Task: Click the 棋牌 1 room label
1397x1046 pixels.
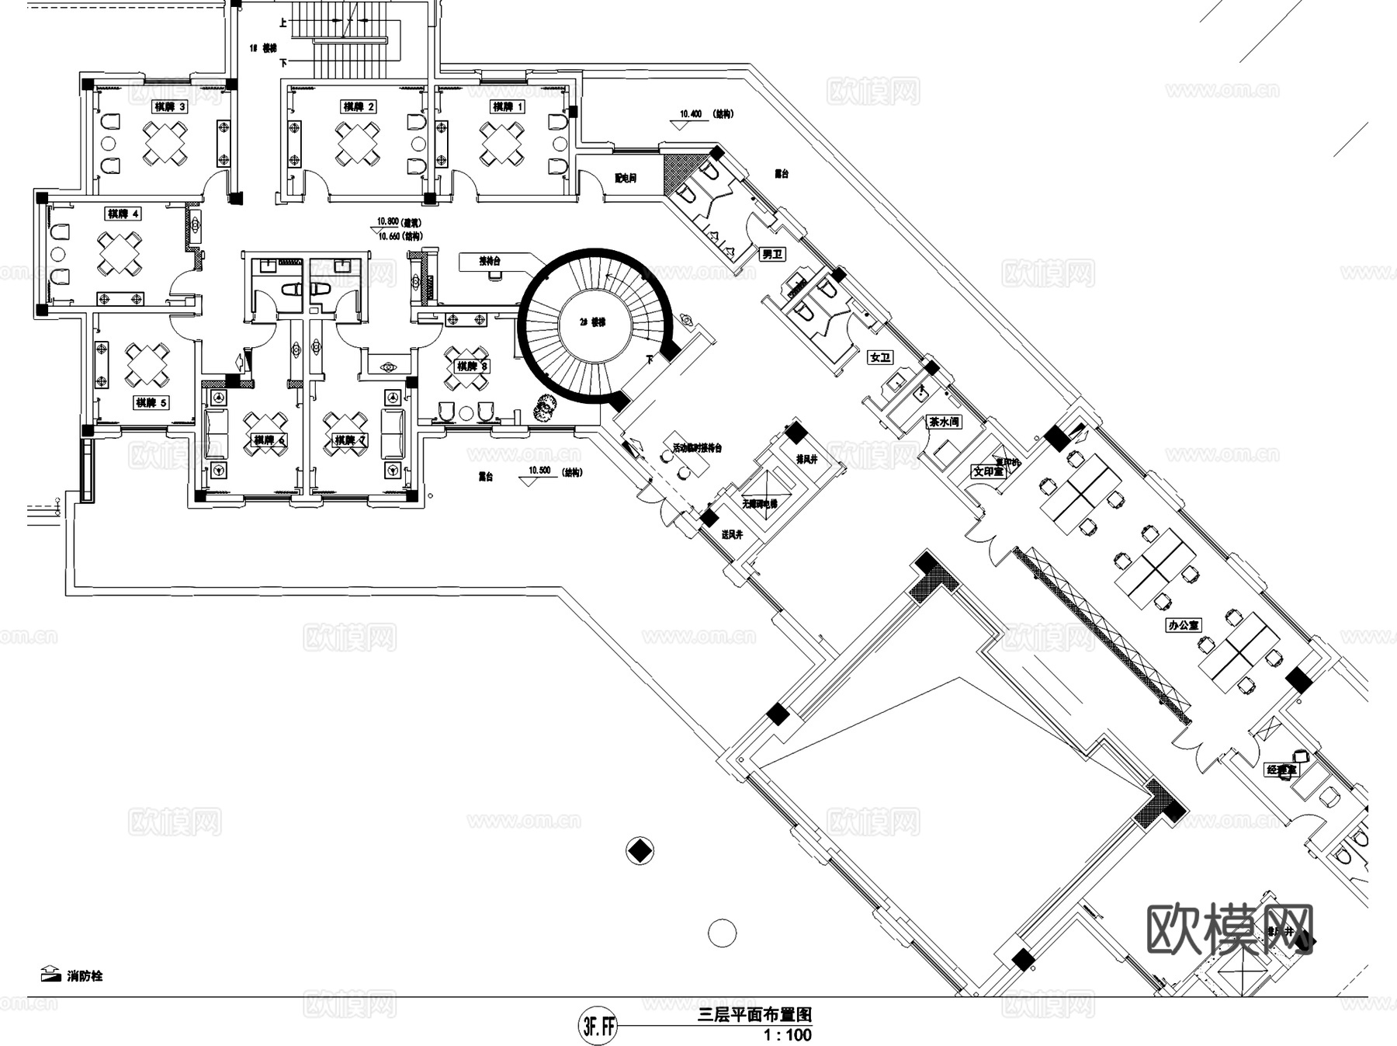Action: coord(508,106)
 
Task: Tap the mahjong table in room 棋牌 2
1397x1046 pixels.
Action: coord(357,144)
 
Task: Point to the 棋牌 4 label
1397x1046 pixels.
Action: coord(124,214)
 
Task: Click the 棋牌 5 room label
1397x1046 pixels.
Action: coord(151,402)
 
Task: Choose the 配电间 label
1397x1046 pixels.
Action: coord(625,179)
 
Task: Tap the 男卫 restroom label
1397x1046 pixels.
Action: coord(771,254)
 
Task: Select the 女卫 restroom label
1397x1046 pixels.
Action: coord(880,358)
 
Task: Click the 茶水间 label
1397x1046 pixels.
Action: coord(945,422)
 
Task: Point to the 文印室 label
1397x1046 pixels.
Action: coord(988,471)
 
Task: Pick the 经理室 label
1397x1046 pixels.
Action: coord(1281,770)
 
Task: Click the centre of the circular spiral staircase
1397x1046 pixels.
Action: coord(596,323)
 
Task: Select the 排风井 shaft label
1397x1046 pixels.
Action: coord(806,460)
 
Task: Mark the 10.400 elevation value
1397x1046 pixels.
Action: coord(690,114)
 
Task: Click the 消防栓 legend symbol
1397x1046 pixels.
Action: coord(50,974)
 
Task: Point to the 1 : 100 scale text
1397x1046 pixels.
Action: coord(787,1034)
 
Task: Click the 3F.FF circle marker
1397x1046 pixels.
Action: coord(597,1027)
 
